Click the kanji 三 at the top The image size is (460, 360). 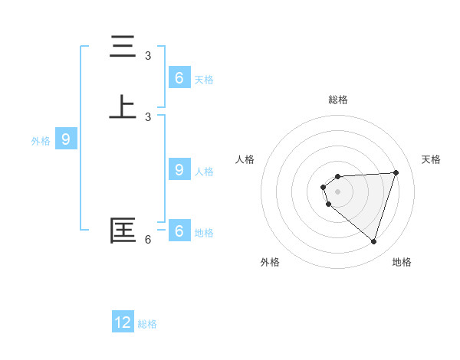[123, 47]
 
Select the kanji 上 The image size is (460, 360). [123, 107]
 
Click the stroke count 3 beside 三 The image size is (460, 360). [148, 55]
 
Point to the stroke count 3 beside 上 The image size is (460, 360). [148, 116]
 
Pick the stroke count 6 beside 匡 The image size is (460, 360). [148, 240]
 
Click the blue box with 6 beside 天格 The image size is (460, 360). [179, 78]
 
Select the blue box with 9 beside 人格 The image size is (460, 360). [179, 170]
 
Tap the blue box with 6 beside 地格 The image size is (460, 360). [179, 231]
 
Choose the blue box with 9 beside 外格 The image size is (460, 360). [66, 139]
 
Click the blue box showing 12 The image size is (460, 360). [123, 322]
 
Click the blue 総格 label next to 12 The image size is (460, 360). [147, 324]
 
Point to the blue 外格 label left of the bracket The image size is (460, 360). [41, 141]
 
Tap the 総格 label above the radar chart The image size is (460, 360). [338, 100]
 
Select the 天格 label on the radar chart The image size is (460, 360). [432, 159]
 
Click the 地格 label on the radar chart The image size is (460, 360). [402, 262]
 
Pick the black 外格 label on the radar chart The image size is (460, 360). [270, 262]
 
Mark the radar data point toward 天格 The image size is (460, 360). [396, 172]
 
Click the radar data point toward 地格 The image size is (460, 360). [373, 241]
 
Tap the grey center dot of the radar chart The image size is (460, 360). [337, 191]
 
